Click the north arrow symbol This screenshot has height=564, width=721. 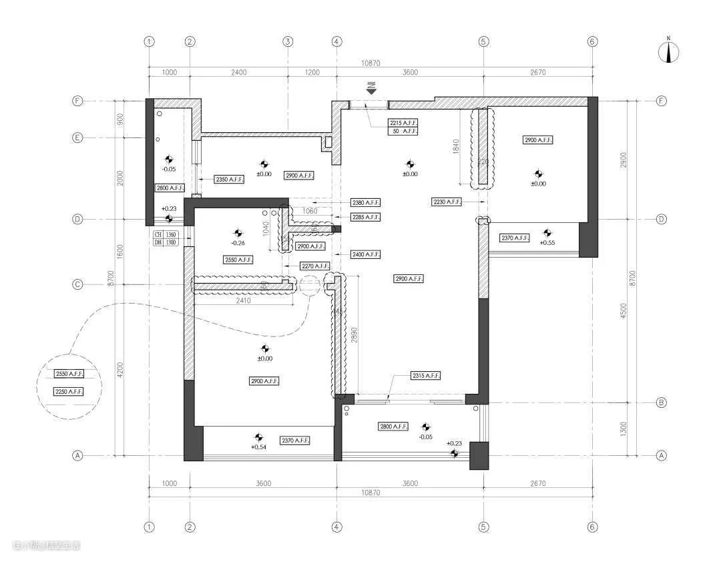pos(669,52)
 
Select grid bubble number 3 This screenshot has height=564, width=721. pos(288,41)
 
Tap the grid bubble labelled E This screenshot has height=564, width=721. pos(77,138)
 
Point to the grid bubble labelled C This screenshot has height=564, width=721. pos(77,285)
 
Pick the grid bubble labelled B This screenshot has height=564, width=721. pos(662,402)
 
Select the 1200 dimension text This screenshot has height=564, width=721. pos(312,73)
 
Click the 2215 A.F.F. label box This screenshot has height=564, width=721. pos(404,123)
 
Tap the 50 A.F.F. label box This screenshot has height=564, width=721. pos(404,131)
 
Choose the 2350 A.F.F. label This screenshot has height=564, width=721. pos(229,180)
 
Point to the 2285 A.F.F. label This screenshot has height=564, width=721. pos(366,217)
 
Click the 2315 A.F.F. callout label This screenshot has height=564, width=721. pos(425,376)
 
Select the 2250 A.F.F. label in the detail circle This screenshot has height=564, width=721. pos(69,392)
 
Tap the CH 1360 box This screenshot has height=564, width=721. pos(166,235)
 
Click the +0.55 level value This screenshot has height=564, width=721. pos(548,242)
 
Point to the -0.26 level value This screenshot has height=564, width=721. pos(238,243)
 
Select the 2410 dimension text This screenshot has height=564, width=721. pos(242,301)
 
